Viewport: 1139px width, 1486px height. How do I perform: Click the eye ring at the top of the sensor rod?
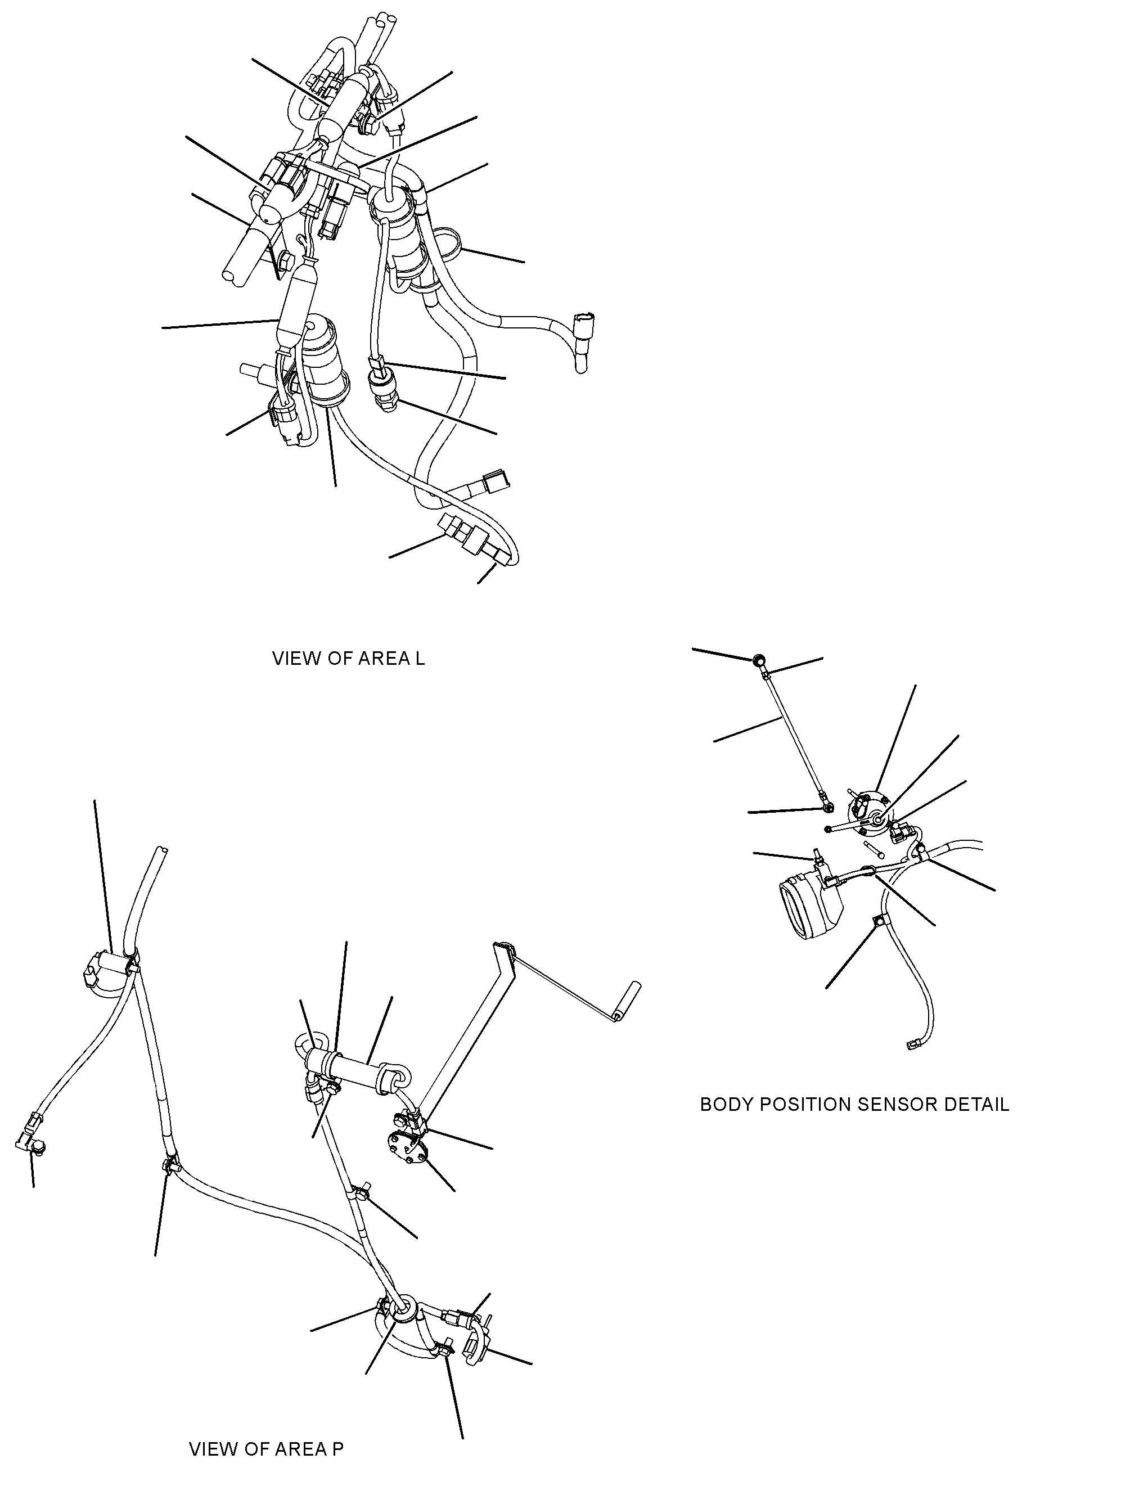tap(759, 658)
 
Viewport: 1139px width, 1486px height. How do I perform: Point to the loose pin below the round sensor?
tap(873, 849)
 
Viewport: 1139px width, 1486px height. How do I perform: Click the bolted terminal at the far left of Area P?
tap(29, 1145)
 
